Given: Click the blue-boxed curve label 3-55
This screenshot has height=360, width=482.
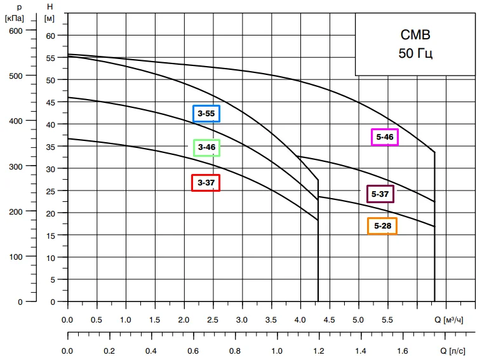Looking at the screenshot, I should tap(206, 114).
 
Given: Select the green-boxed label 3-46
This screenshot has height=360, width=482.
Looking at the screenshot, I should tap(206, 148).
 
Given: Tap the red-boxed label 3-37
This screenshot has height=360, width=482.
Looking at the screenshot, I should tap(206, 183).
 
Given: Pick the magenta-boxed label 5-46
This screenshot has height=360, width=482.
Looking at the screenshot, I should tap(384, 137).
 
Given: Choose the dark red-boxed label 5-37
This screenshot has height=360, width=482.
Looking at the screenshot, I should tap(380, 194).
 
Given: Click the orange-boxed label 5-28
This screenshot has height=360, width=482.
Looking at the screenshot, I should tap(382, 226).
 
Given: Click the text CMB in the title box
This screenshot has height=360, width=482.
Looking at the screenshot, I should tap(415, 35).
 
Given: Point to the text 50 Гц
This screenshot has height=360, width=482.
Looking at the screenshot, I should tap(415, 53).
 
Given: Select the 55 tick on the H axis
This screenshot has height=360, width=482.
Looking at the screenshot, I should tap(51, 58).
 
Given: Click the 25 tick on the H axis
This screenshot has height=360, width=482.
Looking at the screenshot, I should tap(51, 191).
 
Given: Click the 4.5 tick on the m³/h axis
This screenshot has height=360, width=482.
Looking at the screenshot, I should tap(329, 320).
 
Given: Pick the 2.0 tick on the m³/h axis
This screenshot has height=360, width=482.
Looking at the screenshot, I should tap(184, 320).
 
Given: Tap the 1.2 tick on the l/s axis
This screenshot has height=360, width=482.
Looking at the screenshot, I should tap(319, 350).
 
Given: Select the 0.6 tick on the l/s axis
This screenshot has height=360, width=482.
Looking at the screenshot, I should tap(193, 350).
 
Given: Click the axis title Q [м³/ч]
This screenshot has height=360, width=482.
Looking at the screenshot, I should tap(448, 320).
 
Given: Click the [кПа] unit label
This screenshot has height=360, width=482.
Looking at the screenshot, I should tap(14, 18).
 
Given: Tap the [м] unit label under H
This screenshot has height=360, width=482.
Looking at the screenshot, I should tap(51, 18).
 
